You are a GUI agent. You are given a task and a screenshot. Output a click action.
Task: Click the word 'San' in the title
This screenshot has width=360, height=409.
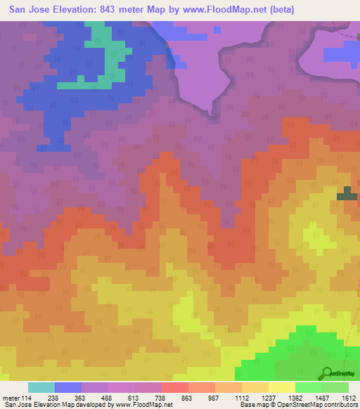(20, 10)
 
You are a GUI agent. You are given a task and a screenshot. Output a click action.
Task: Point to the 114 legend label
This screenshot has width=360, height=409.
(27, 398)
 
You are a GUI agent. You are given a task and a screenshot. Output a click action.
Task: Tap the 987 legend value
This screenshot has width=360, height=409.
(214, 398)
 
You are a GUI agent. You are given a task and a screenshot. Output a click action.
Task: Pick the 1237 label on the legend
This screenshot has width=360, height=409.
(268, 398)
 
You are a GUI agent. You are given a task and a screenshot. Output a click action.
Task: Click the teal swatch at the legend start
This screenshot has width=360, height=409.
(41, 387)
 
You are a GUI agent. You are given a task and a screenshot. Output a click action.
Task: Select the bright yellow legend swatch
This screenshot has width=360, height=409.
(281, 387)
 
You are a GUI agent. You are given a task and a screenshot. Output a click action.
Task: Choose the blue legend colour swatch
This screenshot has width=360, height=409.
(67, 387)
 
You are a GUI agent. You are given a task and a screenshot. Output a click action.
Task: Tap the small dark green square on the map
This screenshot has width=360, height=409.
(347, 195)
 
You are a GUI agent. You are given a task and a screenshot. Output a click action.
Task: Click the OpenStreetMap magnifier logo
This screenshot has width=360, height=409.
(326, 373)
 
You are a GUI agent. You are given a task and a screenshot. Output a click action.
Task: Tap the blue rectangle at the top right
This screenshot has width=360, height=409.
(341, 54)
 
